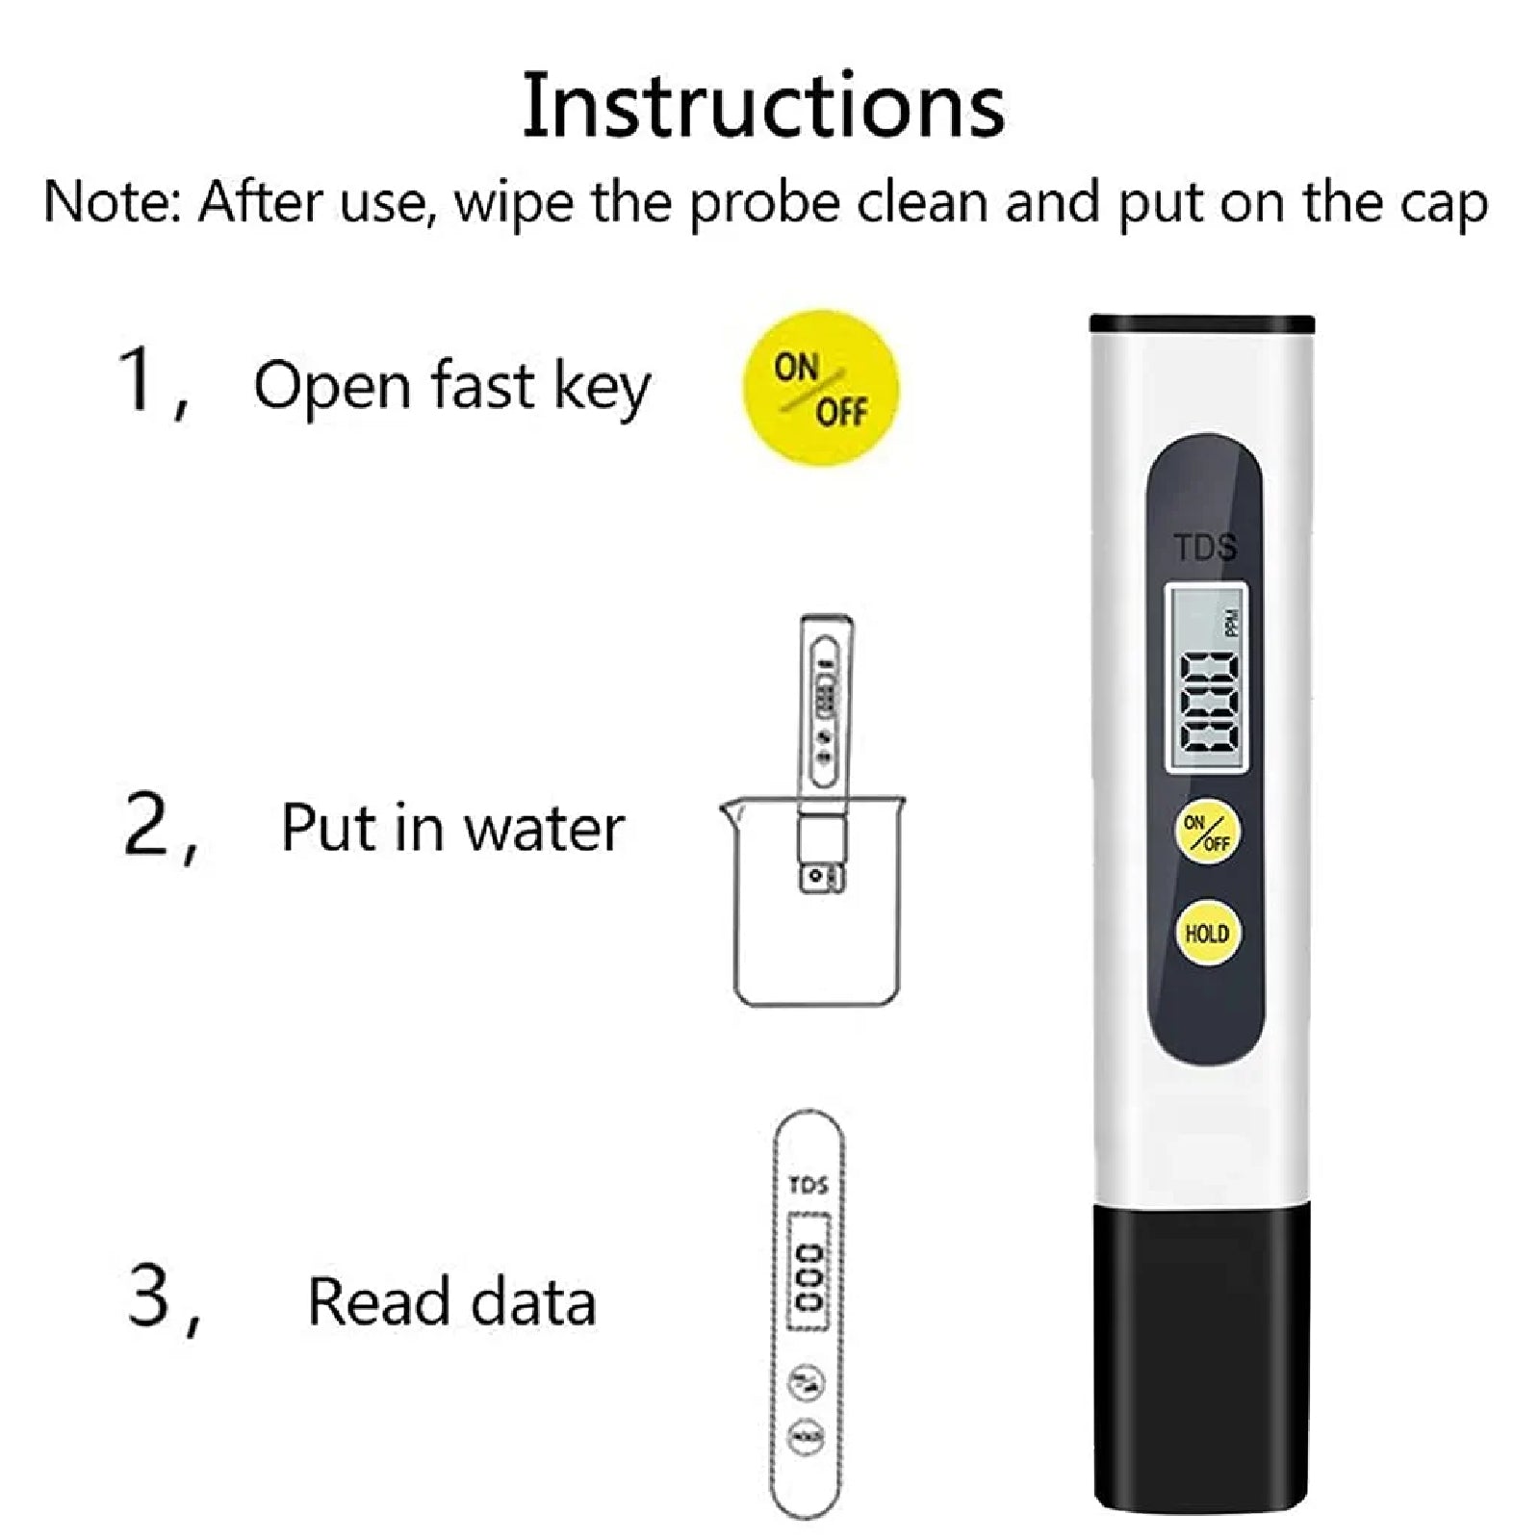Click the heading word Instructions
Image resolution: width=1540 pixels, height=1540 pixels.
click(763, 106)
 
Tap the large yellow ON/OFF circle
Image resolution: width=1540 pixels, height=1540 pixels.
click(820, 388)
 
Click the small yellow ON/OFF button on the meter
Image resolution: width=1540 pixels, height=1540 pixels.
click(1207, 833)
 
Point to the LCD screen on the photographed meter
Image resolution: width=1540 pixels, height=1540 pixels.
click(1207, 678)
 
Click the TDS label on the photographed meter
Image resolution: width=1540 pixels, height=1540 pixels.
click(1205, 548)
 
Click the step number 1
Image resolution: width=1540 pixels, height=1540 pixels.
click(137, 380)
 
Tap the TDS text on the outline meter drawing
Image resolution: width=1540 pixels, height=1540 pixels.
click(808, 1185)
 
